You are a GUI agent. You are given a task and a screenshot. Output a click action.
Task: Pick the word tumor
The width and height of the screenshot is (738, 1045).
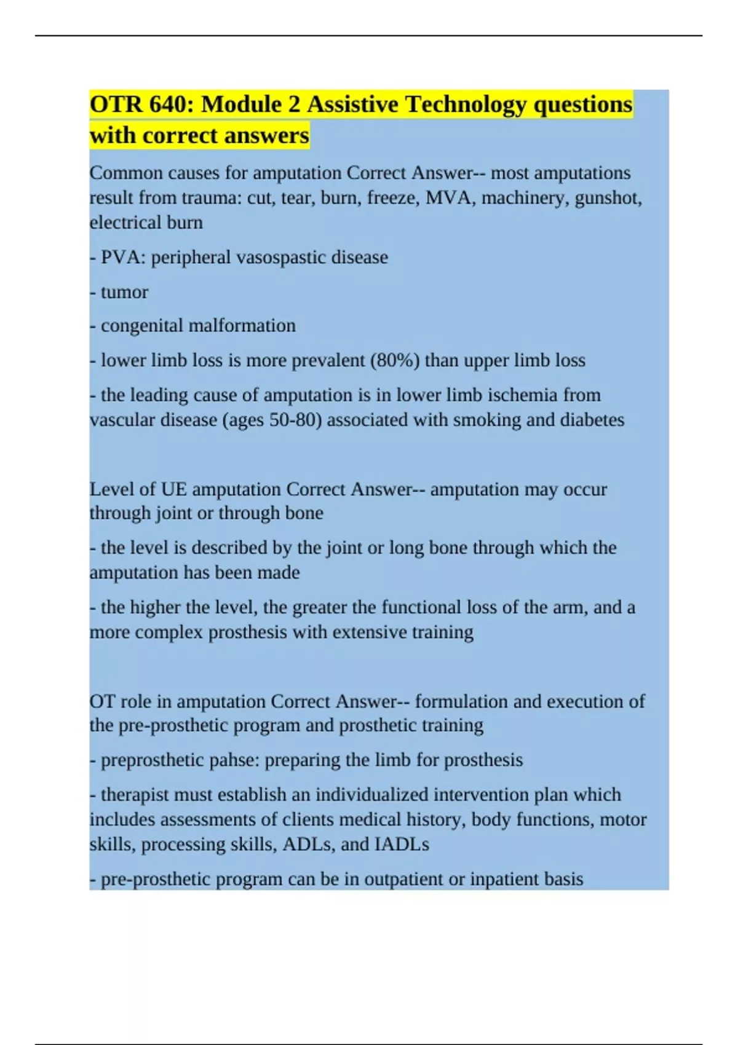[124, 292]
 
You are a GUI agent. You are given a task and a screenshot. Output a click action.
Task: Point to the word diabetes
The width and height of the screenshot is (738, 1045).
[592, 420]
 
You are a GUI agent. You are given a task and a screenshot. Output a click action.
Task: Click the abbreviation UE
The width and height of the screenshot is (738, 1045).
[174, 489]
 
